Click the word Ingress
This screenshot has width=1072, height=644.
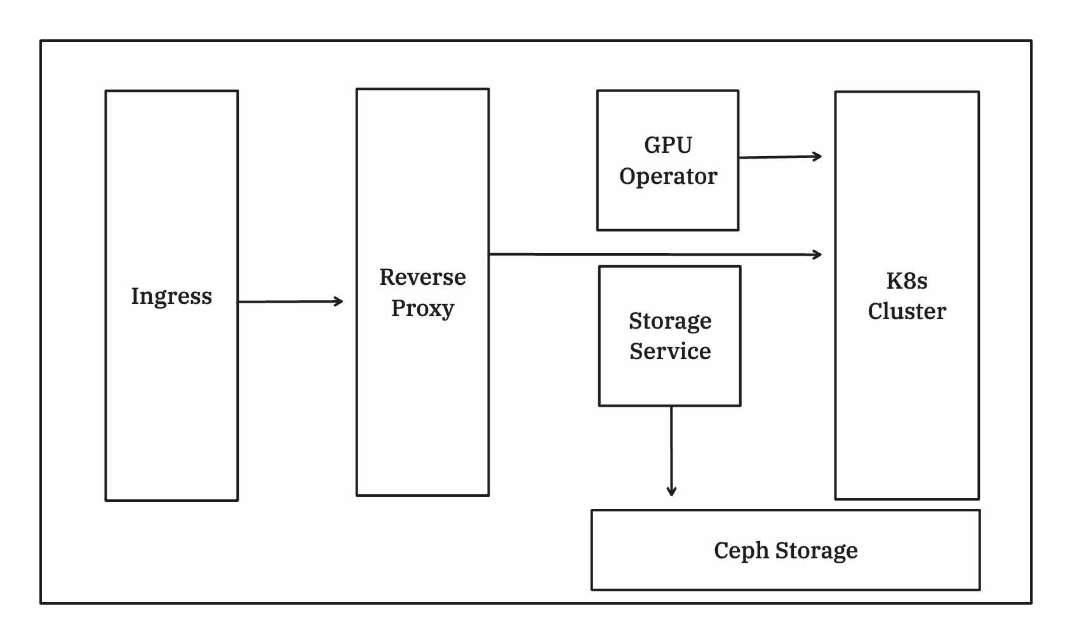click(171, 296)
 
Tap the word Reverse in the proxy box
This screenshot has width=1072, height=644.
click(422, 277)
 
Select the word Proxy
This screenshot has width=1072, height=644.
click(422, 308)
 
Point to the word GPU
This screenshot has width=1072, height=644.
click(667, 145)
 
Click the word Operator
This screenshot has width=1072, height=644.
click(667, 176)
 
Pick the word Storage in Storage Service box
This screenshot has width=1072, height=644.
click(670, 321)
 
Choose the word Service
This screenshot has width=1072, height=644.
click(670, 352)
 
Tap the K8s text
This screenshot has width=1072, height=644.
click(906, 281)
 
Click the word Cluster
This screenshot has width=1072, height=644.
click(906, 312)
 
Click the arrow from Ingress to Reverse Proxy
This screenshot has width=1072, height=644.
click(290, 302)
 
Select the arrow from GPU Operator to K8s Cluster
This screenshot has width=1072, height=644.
click(780, 157)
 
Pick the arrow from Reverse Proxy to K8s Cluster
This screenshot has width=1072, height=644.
click(654, 254)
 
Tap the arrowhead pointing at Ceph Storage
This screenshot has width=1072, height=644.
click(671, 492)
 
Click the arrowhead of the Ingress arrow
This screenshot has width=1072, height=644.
click(340, 301)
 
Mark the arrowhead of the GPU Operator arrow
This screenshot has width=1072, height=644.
click(819, 156)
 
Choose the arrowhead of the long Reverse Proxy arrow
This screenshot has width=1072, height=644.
click(819, 254)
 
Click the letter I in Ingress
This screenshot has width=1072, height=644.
click(135, 296)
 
